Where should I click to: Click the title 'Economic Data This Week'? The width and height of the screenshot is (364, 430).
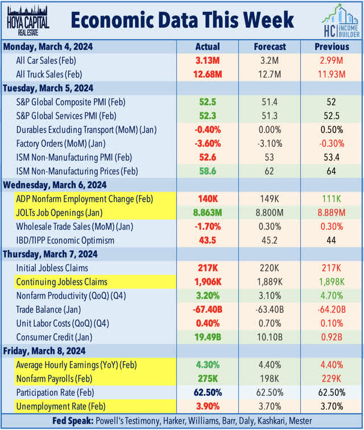point(183,20)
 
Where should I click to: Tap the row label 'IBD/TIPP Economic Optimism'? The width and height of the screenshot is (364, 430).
point(65,239)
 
